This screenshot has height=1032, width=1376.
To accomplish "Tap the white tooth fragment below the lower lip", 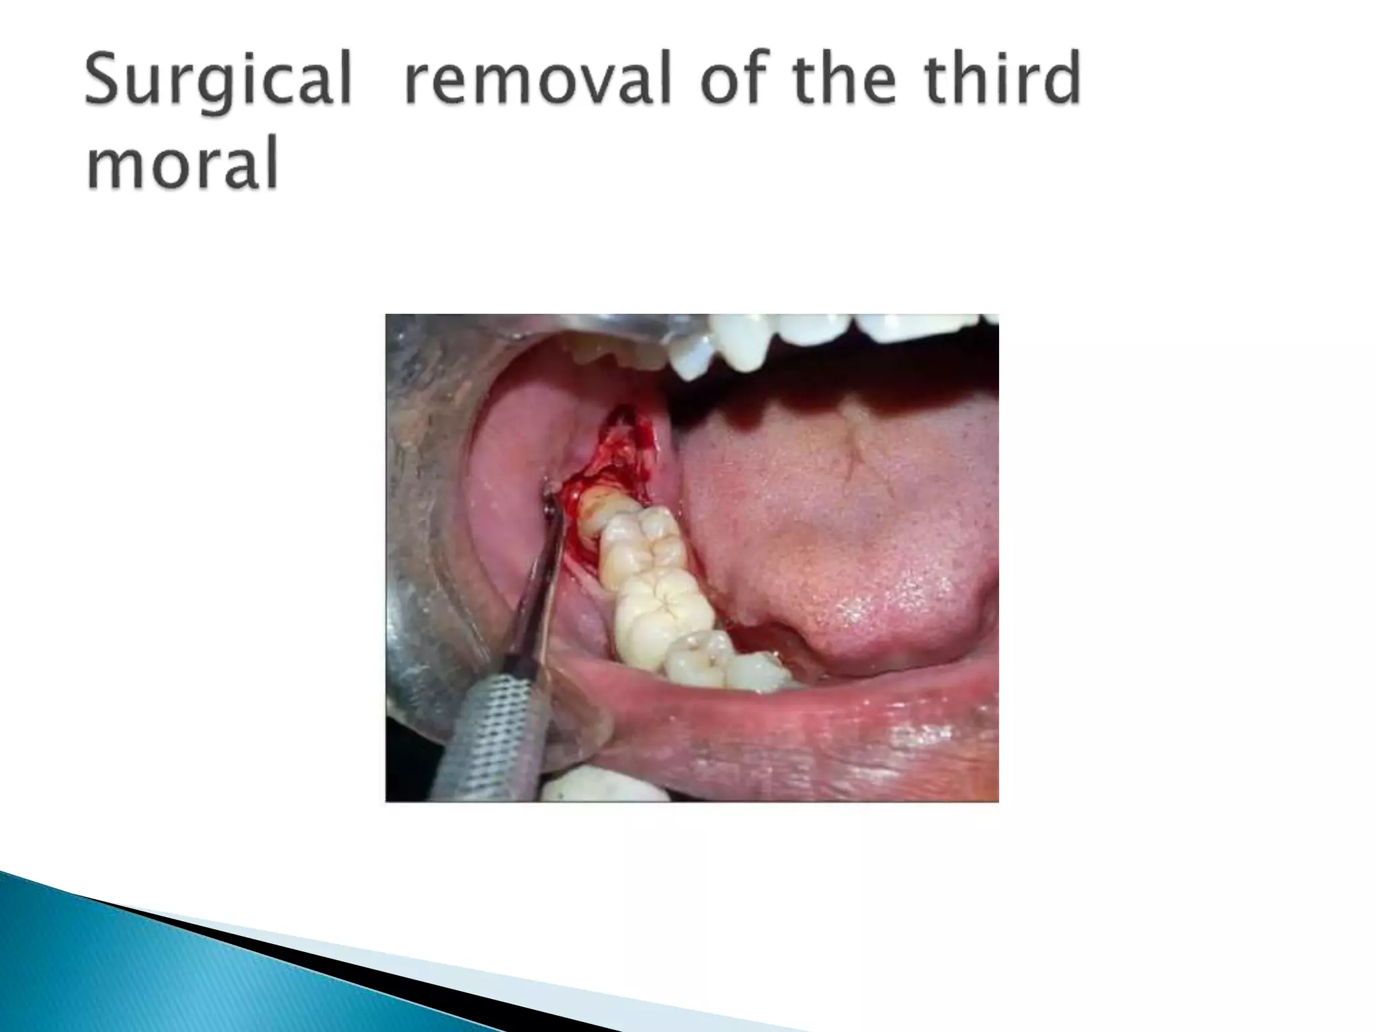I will pos(605,786).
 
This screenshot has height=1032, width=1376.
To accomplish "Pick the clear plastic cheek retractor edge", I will pos(578,739).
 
